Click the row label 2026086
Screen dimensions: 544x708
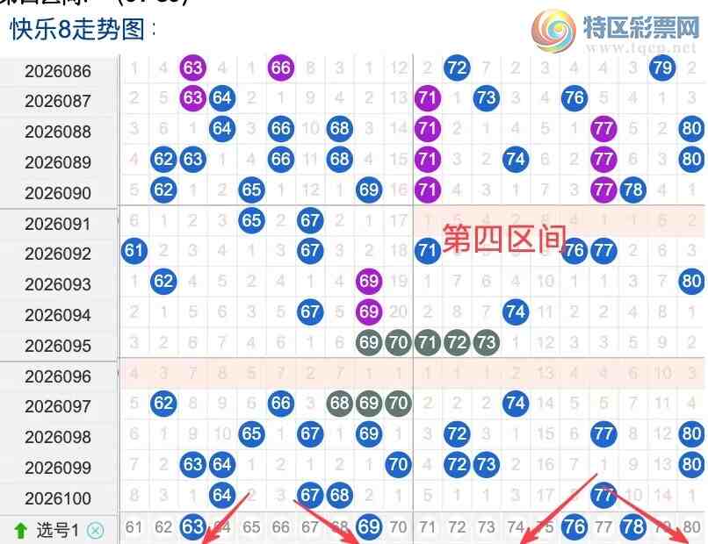[58, 71]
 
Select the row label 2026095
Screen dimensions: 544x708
[58, 346]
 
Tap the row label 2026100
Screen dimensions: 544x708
[58, 498]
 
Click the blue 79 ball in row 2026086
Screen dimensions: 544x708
[662, 68]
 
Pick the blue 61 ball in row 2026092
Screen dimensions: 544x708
[134, 251]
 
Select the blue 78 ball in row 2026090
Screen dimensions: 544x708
[632, 190]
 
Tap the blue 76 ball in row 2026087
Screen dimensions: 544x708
[574, 97]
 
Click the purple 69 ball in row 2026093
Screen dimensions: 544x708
[369, 282]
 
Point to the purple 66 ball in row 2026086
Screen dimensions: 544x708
[281, 68]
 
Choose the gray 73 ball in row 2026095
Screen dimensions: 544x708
[486, 342]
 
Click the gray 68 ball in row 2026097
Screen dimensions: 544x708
[340, 404]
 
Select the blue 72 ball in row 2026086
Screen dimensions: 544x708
[457, 68]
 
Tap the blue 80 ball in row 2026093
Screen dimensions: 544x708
[691, 282]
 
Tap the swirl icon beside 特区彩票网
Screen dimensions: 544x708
[553, 30]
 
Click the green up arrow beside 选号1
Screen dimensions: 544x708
[20, 529]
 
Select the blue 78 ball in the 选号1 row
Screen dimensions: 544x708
[632, 527]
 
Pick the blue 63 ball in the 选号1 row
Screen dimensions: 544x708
[192, 527]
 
